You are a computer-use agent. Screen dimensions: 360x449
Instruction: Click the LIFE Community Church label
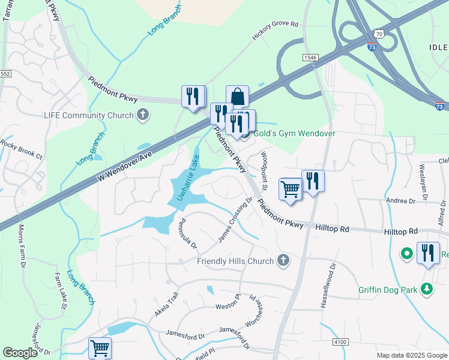[x=89, y=115]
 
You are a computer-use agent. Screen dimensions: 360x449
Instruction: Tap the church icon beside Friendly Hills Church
[x=284, y=260]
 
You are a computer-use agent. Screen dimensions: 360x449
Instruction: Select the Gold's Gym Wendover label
[x=293, y=133]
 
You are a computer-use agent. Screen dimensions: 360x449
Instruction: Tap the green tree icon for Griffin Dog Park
[x=427, y=290]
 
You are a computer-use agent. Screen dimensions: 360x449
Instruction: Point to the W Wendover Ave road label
[x=123, y=166]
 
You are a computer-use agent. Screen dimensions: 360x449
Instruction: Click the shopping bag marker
[x=237, y=97]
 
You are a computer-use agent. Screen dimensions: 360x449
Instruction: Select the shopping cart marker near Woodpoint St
[x=290, y=189]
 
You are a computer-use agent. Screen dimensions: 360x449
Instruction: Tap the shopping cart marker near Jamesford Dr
[x=100, y=347]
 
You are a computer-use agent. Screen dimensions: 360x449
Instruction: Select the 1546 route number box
[x=310, y=58]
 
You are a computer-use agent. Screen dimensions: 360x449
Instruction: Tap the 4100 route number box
[x=340, y=342]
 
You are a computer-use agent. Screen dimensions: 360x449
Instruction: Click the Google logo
[x=20, y=353]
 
